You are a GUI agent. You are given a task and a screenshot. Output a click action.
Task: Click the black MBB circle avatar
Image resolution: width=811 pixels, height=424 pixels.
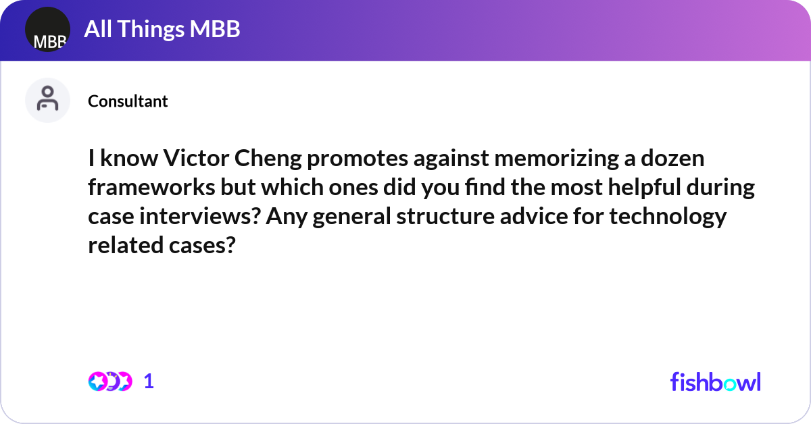coord(47,30)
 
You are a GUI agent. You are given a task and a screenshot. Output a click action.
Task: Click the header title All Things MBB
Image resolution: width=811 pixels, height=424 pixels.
coord(162,29)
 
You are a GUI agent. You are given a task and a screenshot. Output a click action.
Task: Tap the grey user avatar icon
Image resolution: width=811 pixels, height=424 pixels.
coord(47,100)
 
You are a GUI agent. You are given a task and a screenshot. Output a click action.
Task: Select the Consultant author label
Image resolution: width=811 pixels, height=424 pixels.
coord(128,101)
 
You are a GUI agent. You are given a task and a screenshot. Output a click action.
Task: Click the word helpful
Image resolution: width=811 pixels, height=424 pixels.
coord(647,188)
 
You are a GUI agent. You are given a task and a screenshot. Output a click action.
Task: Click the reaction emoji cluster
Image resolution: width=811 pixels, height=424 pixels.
coord(109,381)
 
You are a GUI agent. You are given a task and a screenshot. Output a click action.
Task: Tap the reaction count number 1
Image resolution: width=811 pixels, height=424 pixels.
coord(149,381)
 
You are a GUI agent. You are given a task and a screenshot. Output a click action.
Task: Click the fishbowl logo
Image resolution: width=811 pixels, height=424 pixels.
coord(715,381)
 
